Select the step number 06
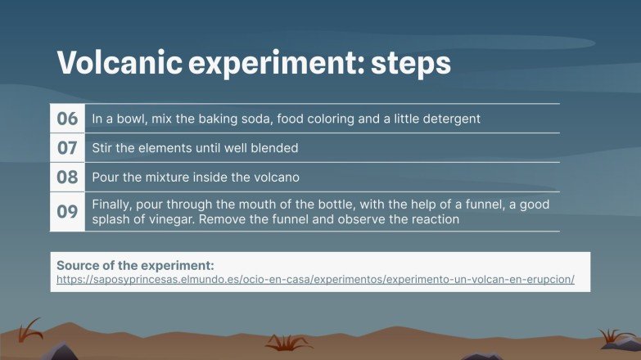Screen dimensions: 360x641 point(67,119)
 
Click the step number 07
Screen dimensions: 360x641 point(67,148)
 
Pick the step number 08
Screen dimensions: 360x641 point(67,177)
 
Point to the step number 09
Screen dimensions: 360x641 point(67,212)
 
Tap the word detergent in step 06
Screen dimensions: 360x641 point(450,119)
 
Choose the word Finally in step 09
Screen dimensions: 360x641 point(111,204)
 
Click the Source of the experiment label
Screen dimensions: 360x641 point(135,266)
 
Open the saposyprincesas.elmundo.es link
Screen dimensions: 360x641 point(315,279)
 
